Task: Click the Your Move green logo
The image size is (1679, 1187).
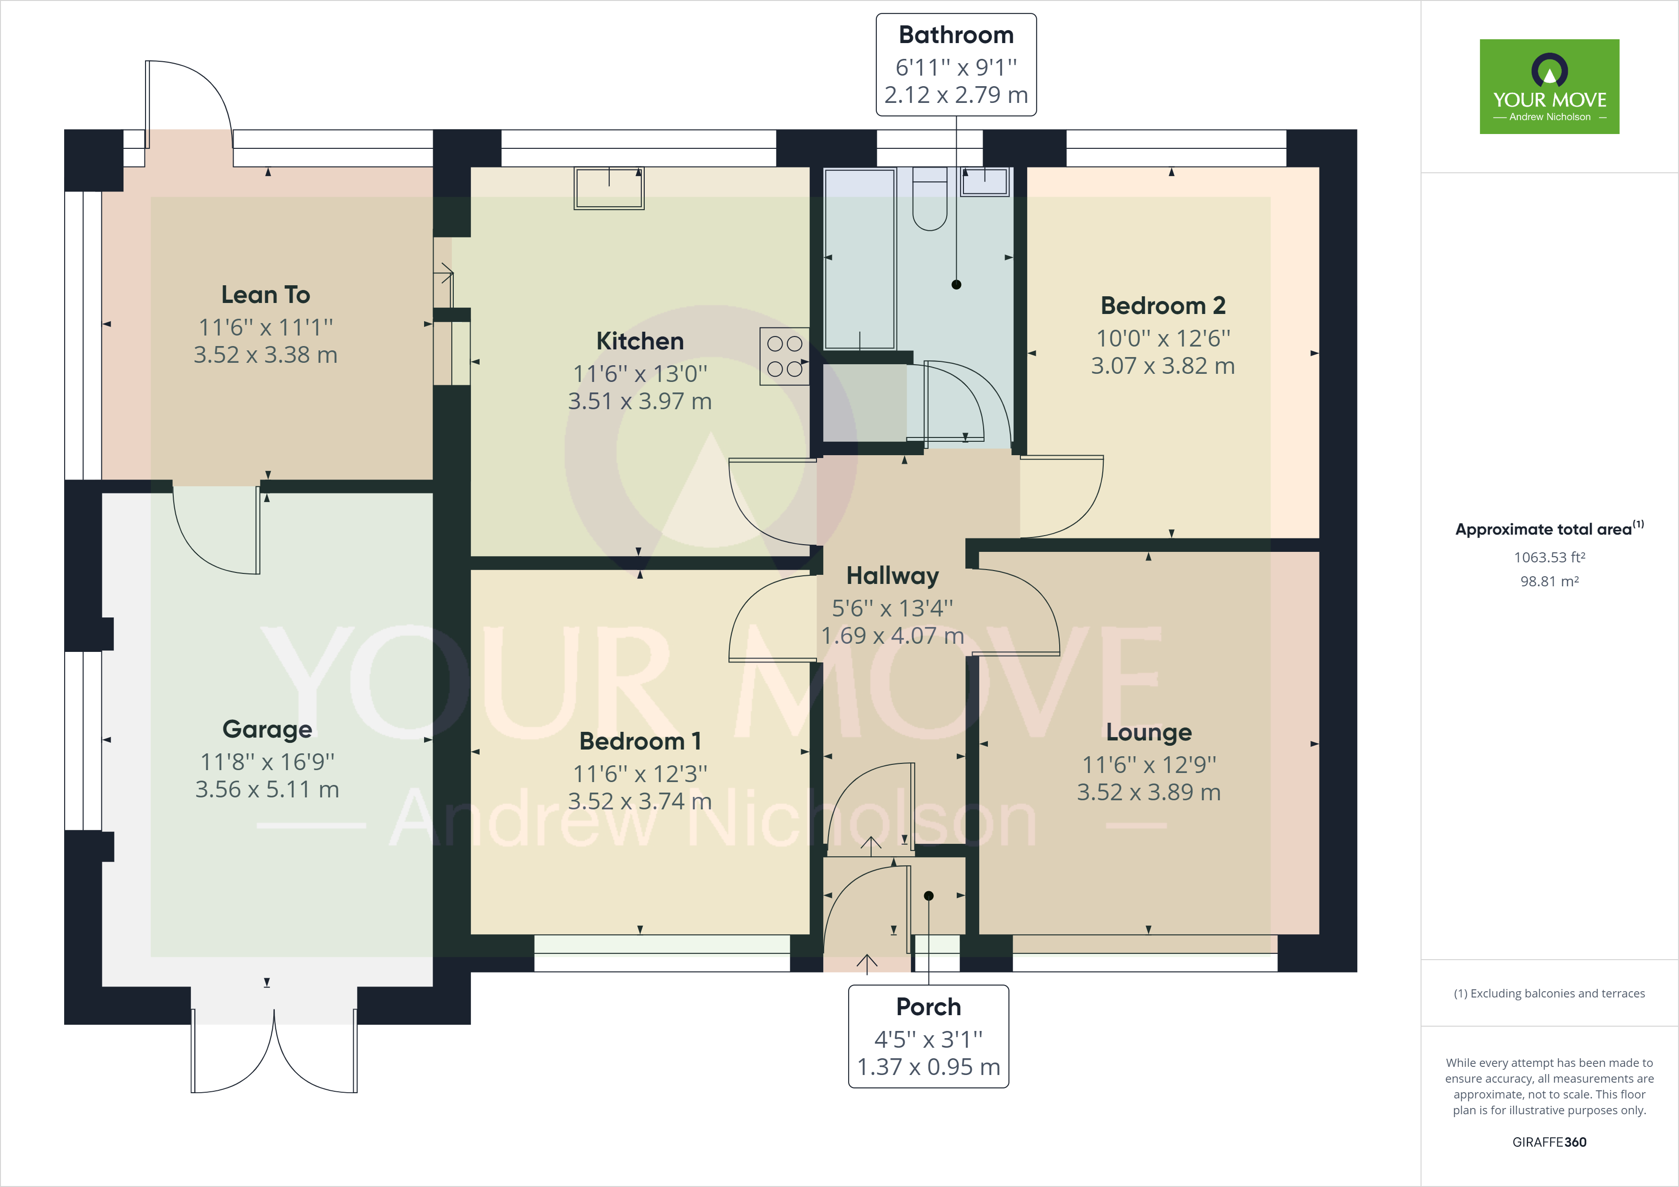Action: point(1549,86)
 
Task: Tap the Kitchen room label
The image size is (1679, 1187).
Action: point(640,341)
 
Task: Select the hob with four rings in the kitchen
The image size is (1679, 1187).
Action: point(784,356)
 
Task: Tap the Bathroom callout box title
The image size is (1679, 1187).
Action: point(956,35)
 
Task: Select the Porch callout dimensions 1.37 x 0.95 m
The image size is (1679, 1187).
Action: point(928,1067)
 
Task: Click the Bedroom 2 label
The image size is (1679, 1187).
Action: point(1163,306)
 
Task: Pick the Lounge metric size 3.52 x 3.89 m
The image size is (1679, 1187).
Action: point(1148,792)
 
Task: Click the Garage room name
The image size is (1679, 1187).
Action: point(267,729)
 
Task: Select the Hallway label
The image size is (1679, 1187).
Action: point(892,576)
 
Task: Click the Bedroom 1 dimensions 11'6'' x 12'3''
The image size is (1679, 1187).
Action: point(640,773)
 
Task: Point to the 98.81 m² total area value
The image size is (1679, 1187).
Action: point(1549,582)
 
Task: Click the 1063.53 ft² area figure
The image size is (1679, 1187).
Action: point(1549,557)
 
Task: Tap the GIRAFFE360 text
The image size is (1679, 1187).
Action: point(1549,1142)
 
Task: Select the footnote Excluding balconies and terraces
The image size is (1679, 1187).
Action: point(1549,993)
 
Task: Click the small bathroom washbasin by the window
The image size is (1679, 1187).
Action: point(985,181)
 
